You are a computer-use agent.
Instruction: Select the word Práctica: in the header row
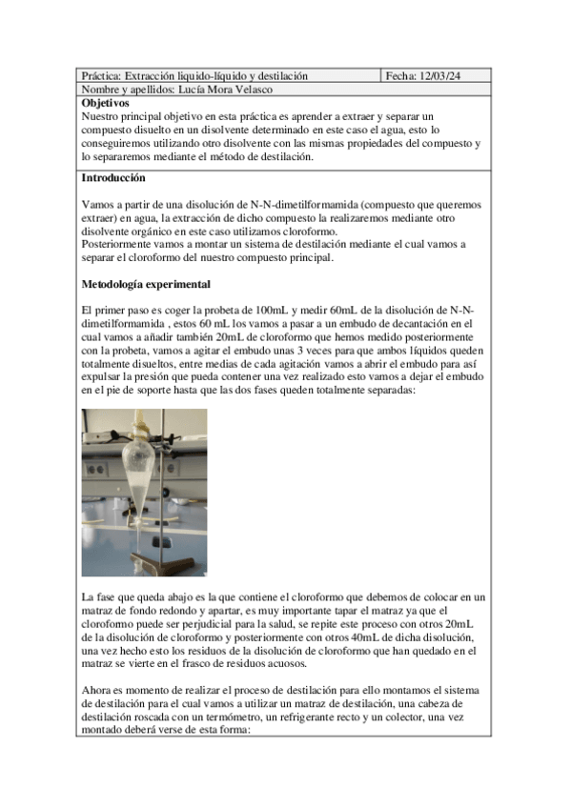(x=100, y=75)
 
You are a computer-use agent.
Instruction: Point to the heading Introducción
(x=113, y=177)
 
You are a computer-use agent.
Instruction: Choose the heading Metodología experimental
(x=146, y=284)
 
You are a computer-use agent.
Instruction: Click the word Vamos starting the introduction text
(x=98, y=204)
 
